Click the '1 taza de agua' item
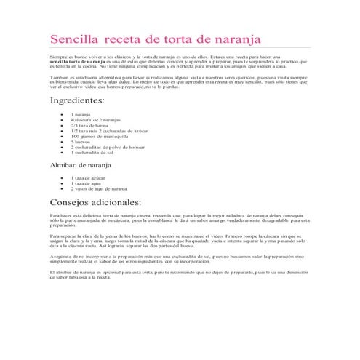coord(86,183)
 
